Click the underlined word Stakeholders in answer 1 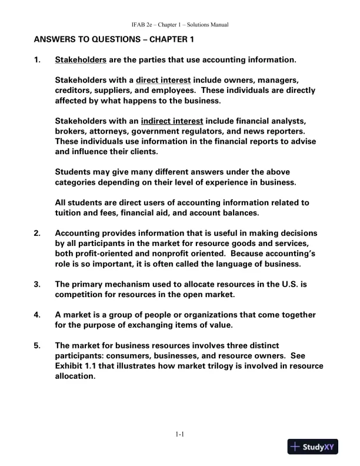tap(81, 60)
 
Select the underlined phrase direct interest tap(164, 80)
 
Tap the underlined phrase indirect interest tap(172, 121)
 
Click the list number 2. tap(38, 234)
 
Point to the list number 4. tap(38, 315)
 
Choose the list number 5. tap(38, 345)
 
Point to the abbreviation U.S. tap(298, 284)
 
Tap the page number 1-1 tap(180, 435)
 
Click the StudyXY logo tap(315, 447)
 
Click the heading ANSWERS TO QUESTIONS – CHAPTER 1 tap(114, 40)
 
